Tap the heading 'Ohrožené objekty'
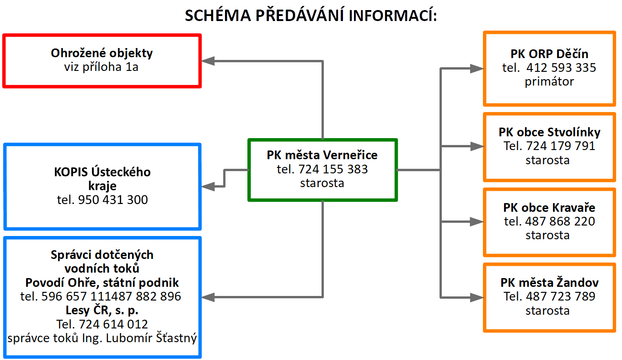[102, 53]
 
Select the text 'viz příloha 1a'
[101, 67]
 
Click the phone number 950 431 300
[113, 200]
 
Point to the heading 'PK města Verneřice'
[322, 155]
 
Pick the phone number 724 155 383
[333, 169]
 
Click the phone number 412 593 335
[561, 68]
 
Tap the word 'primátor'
[549, 82]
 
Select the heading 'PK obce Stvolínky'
[550, 132]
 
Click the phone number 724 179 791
[561, 146]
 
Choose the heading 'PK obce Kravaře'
[549, 208]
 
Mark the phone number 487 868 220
[560, 221]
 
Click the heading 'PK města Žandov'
[550, 283]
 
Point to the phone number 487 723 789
[561, 296]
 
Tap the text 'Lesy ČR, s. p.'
[102, 310]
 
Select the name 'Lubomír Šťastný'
[151, 338]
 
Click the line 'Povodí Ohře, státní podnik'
[102, 283]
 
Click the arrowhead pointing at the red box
[208, 61]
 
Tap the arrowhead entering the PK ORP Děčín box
[477, 69]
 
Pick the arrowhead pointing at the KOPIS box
[208, 186]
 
